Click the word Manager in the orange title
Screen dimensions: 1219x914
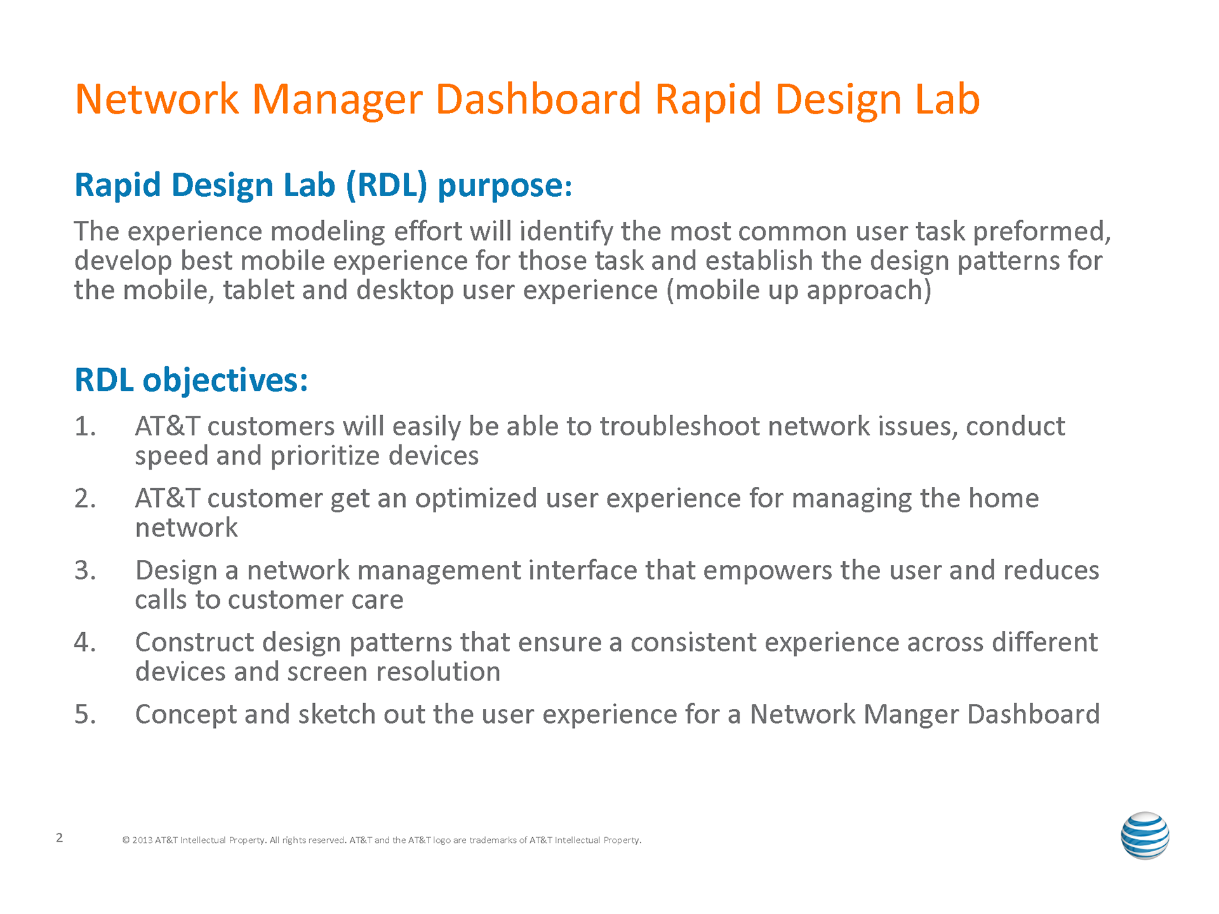click(x=337, y=100)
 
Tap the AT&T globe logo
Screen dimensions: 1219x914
click(x=1145, y=835)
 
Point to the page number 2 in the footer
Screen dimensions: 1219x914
click(x=60, y=837)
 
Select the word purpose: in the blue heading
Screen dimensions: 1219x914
click(x=505, y=186)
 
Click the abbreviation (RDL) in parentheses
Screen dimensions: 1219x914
click(x=387, y=185)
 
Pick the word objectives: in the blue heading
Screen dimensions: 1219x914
click(x=225, y=380)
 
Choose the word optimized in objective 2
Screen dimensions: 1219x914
click(x=476, y=499)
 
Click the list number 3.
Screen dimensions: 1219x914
click(x=84, y=570)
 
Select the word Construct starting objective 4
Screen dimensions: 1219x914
click(x=194, y=642)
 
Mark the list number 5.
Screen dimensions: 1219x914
click(x=84, y=714)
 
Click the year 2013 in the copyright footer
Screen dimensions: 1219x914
click(x=142, y=840)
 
